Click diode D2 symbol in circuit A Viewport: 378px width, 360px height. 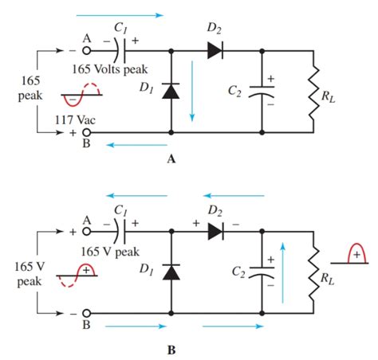215,50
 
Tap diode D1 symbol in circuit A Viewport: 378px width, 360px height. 171,91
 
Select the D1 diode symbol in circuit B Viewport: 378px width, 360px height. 171,272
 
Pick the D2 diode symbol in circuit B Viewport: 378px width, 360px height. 215,232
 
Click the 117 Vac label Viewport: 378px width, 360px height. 75,120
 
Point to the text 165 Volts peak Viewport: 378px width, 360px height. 110,69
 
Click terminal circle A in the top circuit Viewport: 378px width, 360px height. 86,50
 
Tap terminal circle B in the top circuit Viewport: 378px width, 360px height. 86,132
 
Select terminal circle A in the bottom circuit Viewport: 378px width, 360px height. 86,232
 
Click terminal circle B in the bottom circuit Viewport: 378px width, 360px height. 86,314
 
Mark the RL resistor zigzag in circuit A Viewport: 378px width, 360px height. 313,93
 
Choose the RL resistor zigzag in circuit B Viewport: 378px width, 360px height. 313,273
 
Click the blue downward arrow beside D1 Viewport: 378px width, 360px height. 192,91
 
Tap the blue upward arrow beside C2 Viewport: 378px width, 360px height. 282,272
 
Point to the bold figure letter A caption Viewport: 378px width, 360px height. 171,159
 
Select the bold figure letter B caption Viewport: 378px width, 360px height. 171,350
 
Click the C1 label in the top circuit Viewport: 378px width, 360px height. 120,28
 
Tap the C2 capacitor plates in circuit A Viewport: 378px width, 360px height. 262,91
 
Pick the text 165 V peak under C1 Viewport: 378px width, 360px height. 110,252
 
